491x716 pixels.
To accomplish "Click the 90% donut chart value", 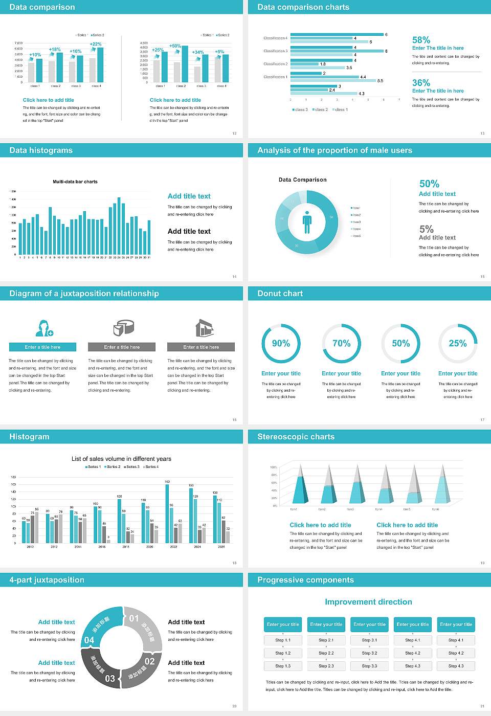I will pos(281,344).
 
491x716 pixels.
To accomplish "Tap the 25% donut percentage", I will pos(457,344).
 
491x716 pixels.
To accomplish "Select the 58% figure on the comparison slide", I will pos(421,40).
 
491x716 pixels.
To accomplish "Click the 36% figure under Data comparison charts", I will pos(421,83).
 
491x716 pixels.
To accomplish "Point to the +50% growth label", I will pos(175,46).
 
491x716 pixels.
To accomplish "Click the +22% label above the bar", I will pos(96,44).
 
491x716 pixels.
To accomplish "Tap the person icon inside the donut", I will pos(307,222).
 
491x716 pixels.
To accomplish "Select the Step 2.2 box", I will pos(326,653).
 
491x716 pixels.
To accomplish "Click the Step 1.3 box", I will pos(283,666).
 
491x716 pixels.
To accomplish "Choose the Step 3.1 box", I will pos(369,640).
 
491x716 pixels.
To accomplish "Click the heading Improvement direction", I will pos(368,602).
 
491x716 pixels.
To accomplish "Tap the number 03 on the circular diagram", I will pos(110,679).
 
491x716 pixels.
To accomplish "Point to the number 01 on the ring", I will pos(134,618).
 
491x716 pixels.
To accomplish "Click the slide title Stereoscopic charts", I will pos(296,437).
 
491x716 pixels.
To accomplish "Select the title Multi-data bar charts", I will pos(75,182).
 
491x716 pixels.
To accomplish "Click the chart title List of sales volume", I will pos(121,459).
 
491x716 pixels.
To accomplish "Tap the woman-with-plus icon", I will pos(44,328).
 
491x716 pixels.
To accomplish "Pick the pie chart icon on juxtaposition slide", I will pos(123,328).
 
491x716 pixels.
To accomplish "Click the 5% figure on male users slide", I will pos(426,229).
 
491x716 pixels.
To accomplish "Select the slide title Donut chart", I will pos(280,294).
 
